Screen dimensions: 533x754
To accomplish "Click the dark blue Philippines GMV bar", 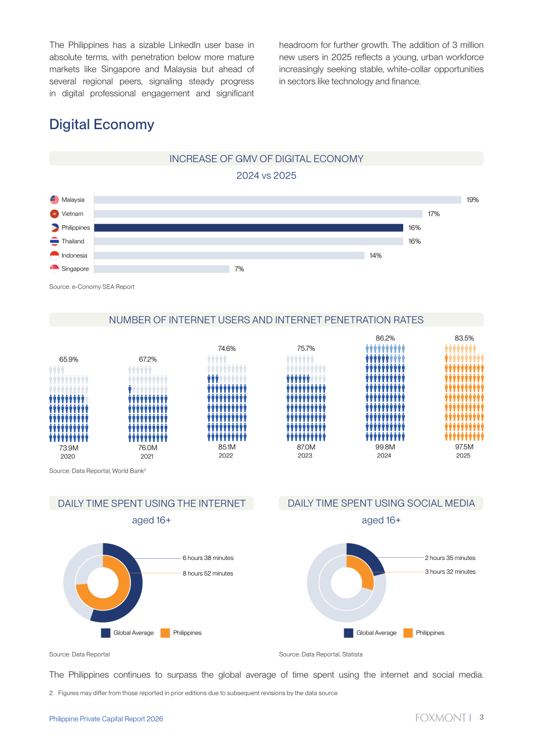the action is click(x=249, y=228).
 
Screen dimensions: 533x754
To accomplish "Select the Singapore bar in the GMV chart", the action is click(x=162, y=269).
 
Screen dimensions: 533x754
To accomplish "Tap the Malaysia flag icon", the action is click(x=54, y=200).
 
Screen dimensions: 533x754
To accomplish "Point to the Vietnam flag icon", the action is click(x=54, y=214).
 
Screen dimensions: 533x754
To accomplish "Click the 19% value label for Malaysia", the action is click(x=472, y=200).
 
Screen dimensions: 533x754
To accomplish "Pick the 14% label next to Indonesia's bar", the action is click(x=375, y=255).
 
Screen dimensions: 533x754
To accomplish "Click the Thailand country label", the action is click(x=73, y=241).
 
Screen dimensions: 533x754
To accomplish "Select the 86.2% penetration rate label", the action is click(x=385, y=338).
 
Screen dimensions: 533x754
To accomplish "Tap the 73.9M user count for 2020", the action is click(x=69, y=448).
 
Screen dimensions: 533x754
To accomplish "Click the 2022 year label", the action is click(x=226, y=455).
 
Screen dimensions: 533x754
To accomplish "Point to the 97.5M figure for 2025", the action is click(x=464, y=447).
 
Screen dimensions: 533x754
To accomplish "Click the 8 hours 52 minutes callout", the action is click(x=208, y=573).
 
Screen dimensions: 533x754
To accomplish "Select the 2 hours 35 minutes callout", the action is click(x=450, y=558).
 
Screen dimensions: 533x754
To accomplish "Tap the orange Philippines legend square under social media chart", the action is click(x=408, y=633).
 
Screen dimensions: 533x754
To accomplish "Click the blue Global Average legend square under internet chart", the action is click(x=105, y=633).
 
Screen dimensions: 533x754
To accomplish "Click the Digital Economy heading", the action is click(x=102, y=125).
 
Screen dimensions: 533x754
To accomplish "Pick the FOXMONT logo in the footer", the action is click(x=441, y=718).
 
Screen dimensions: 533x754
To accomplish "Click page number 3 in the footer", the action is click(x=481, y=718).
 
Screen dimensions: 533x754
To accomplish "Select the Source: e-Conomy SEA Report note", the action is click(x=92, y=287).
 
